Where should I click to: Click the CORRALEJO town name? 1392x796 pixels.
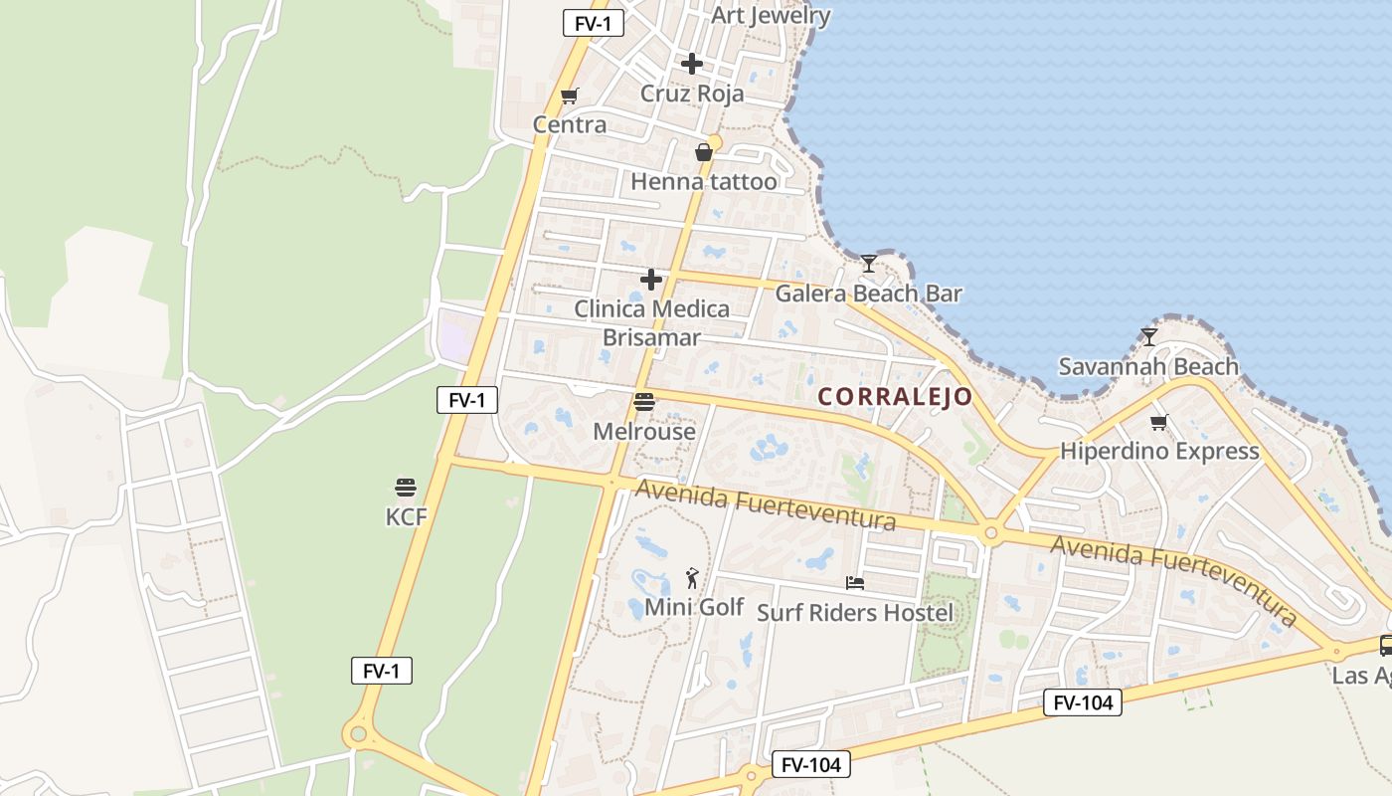[895, 397]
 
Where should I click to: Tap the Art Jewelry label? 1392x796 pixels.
[771, 16]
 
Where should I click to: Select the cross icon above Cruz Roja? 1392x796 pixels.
[692, 64]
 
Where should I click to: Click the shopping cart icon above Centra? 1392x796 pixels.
[569, 96]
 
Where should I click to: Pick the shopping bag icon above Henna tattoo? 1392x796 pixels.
[704, 152]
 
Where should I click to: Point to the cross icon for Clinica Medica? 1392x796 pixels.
[651, 280]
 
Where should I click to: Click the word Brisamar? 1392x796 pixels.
[651, 337]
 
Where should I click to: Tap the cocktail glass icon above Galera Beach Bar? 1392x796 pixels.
[869, 264]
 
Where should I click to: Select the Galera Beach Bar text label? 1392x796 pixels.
[868, 294]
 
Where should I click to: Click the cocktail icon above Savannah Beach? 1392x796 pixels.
[1149, 337]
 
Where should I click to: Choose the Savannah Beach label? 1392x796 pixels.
[1148, 367]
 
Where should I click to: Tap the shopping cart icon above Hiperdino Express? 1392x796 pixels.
[1159, 422]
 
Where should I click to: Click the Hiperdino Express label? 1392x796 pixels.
[1159, 451]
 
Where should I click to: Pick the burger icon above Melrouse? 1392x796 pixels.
[644, 402]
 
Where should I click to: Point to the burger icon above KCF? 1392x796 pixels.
[406, 488]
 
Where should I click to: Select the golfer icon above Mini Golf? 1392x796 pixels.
[693, 577]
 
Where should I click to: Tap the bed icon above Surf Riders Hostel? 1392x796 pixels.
[855, 582]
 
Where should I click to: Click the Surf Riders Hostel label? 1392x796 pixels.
[855, 612]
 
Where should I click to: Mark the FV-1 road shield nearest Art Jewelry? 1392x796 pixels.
[593, 23]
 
